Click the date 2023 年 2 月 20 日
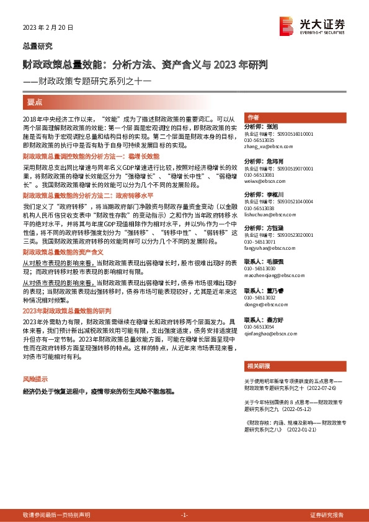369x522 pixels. click(48, 27)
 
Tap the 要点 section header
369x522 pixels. click(35, 100)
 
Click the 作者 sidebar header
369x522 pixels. click(253, 118)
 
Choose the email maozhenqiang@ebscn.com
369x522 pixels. click(272, 276)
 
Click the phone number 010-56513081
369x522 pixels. click(262, 175)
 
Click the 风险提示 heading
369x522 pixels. click(35, 378)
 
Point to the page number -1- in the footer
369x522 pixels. click(184, 515)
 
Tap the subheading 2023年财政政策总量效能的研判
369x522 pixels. click(66, 310)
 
